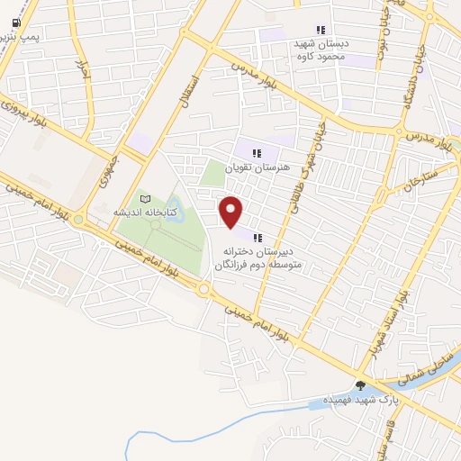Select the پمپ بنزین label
pyautogui.click(x=20, y=37)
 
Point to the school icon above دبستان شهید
pyautogui.click(x=321, y=31)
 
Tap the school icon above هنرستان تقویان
pyautogui.click(x=258, y=153)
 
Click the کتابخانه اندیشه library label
pyautogui.click(x=145, y=212)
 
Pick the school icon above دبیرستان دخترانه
pyautogui.click(x=258, y=238)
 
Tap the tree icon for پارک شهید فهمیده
pyautogui.click(x=361, y=385)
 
